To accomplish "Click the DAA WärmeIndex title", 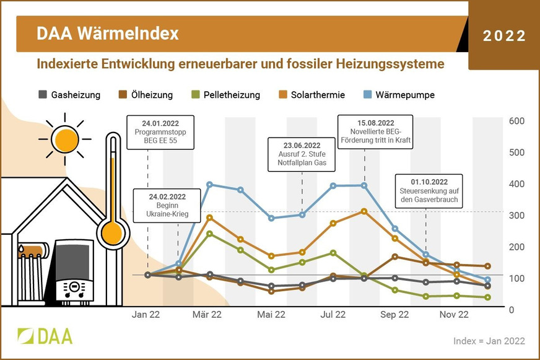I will pos(107,33).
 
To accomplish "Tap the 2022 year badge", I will pos(504,36).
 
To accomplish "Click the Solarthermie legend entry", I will pos(311,95).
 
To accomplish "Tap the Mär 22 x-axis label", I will pos(207,315).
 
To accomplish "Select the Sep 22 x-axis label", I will pos(394,315).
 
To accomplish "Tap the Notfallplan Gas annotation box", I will pos(302,155).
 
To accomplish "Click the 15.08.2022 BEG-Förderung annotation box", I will pos(377,131).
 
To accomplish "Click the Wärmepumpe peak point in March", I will pos(210,184).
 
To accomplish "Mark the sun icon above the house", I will pos(63,139).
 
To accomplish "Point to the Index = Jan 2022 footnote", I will pos(489,341).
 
